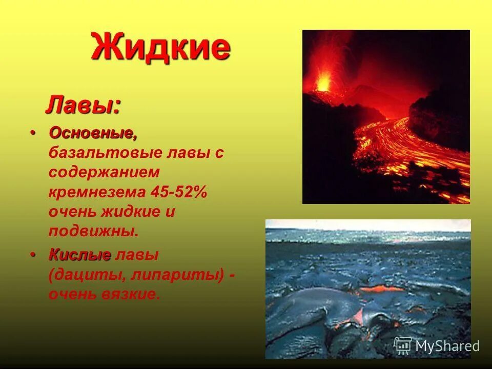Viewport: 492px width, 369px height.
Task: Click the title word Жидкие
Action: (x=161, y=47)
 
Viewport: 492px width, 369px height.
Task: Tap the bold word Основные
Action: (x=93, y=133)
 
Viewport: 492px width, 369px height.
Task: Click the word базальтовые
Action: (x=106, y=153)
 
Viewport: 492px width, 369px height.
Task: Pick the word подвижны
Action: (x=94, y=231)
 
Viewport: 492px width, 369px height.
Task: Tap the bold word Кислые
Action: (x=80, y=255)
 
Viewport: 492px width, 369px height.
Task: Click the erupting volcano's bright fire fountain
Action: (x=323, y=81)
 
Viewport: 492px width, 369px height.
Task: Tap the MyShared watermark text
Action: (x=447, y=346)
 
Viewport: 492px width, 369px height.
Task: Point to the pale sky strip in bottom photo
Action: (x=368, y=224)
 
